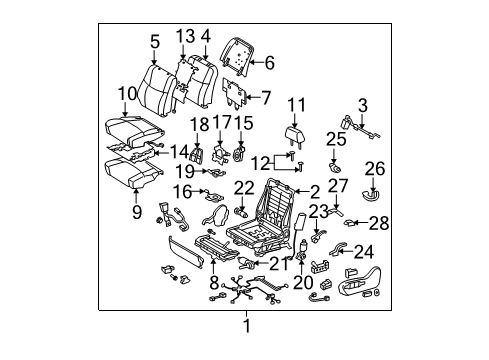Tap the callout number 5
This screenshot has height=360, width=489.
tap(154, 41)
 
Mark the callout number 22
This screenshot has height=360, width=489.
tap(244, 187)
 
